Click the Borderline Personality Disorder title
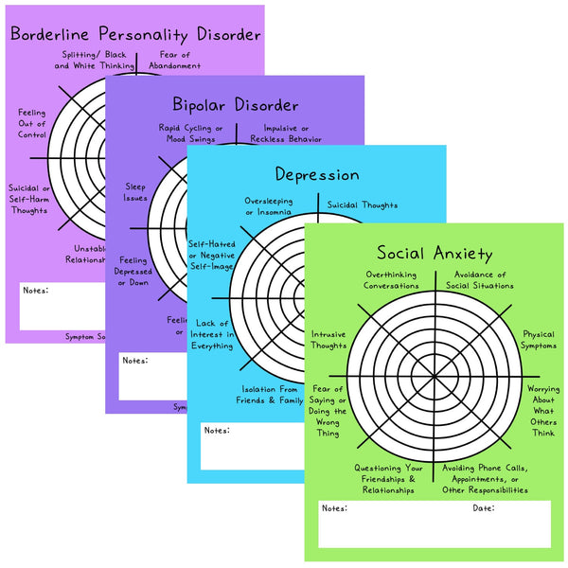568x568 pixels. click(x=134, y=35)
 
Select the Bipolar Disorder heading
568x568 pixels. click(x=236, y=104)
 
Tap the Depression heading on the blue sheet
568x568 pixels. click(x=317, y=174)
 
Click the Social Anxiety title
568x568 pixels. click(x=435, y=253)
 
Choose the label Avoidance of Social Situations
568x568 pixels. click(x=479, y=280)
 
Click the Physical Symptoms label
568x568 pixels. click(x=540, y=339)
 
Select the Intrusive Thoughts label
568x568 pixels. click(x=328, y=339)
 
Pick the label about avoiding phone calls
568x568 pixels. click(x=486, y=479)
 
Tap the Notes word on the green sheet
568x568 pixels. click(x=334, y=508)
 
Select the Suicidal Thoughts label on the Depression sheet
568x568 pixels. click(x=363, y=204)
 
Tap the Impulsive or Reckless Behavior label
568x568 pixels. click(x=285, y=133)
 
